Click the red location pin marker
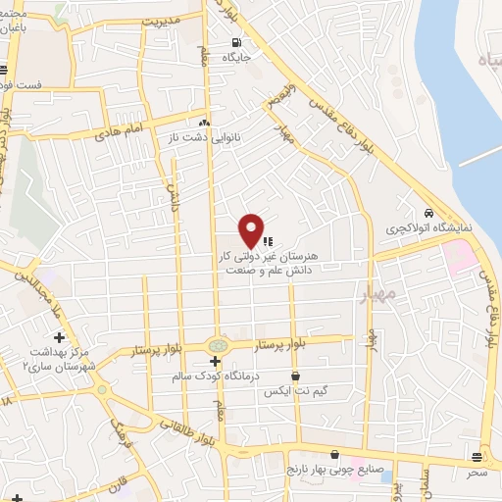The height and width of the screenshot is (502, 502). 252,229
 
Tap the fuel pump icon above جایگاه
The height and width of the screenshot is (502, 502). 235,42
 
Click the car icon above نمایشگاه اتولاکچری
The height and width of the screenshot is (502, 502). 429,213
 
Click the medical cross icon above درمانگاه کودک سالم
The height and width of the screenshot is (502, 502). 215,361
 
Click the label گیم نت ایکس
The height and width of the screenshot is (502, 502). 292,390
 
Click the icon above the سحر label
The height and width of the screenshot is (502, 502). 477,457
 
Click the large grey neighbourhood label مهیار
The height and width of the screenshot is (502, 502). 377,293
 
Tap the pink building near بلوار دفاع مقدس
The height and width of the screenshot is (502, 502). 457,256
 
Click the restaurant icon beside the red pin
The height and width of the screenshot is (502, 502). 268,238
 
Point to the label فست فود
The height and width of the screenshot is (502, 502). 21,85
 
